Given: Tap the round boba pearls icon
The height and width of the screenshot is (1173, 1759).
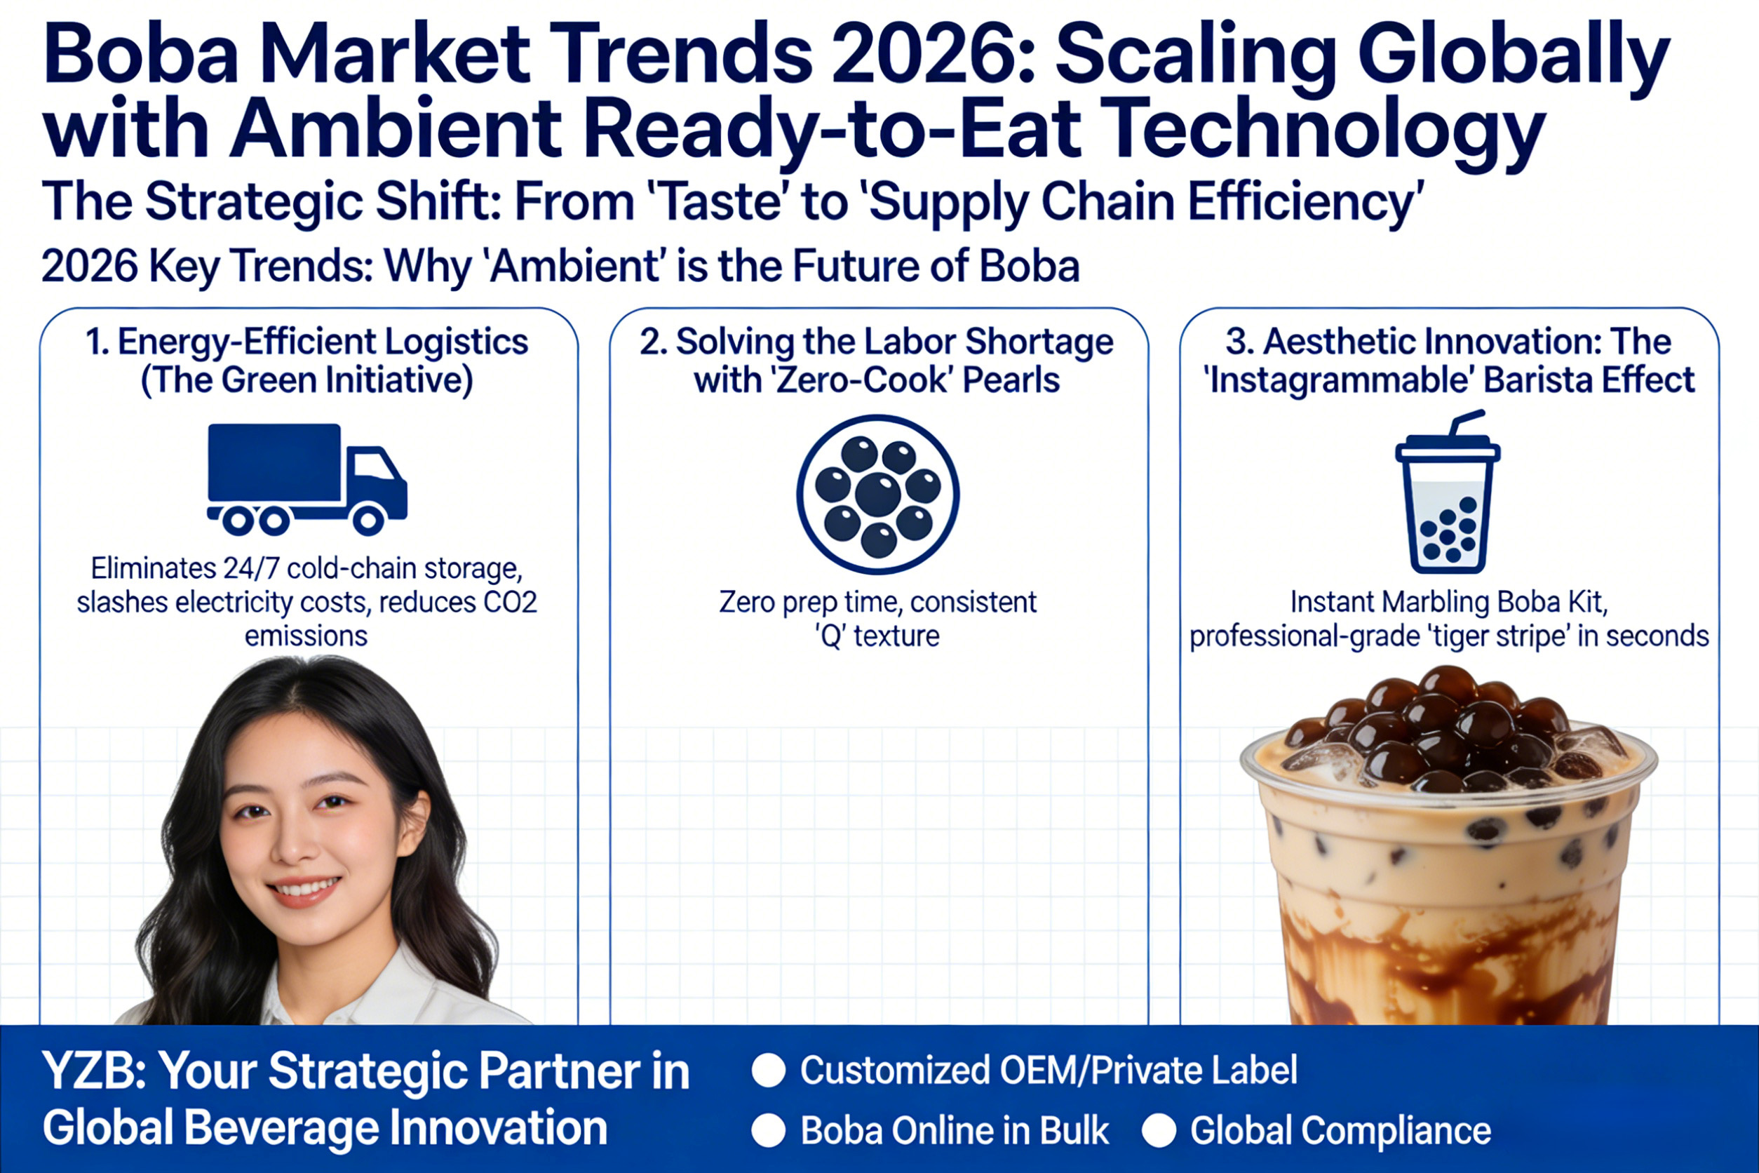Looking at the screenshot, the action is point(877,495).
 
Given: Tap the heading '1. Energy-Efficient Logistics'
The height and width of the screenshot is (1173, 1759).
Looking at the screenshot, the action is point(306,342).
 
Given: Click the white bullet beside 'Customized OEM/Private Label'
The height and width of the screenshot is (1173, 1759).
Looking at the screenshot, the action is point(768,1071).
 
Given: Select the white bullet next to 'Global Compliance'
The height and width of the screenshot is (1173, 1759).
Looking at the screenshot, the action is point(1159,1130).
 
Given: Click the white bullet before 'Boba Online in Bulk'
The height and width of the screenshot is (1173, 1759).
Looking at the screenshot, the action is point(768,1130).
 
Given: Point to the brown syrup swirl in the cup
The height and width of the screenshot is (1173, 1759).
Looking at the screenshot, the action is point(1447,965).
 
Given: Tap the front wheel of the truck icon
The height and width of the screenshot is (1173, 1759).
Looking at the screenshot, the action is point(368,519).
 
